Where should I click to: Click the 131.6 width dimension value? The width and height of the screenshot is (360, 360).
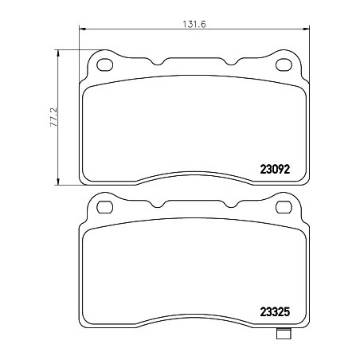point(194,24)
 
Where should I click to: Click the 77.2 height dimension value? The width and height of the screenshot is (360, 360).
point(53,117)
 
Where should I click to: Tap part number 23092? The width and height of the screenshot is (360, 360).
point(275,169)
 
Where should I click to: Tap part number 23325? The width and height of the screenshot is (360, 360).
point(275,311)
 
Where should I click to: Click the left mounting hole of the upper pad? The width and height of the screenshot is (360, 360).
point(105,65)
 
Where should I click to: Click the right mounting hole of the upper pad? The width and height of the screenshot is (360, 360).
point(284,65)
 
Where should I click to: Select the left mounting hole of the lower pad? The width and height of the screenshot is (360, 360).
point(105,207)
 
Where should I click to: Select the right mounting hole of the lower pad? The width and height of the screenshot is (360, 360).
point(284,207)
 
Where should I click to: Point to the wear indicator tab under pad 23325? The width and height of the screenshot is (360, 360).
point(284,334)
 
